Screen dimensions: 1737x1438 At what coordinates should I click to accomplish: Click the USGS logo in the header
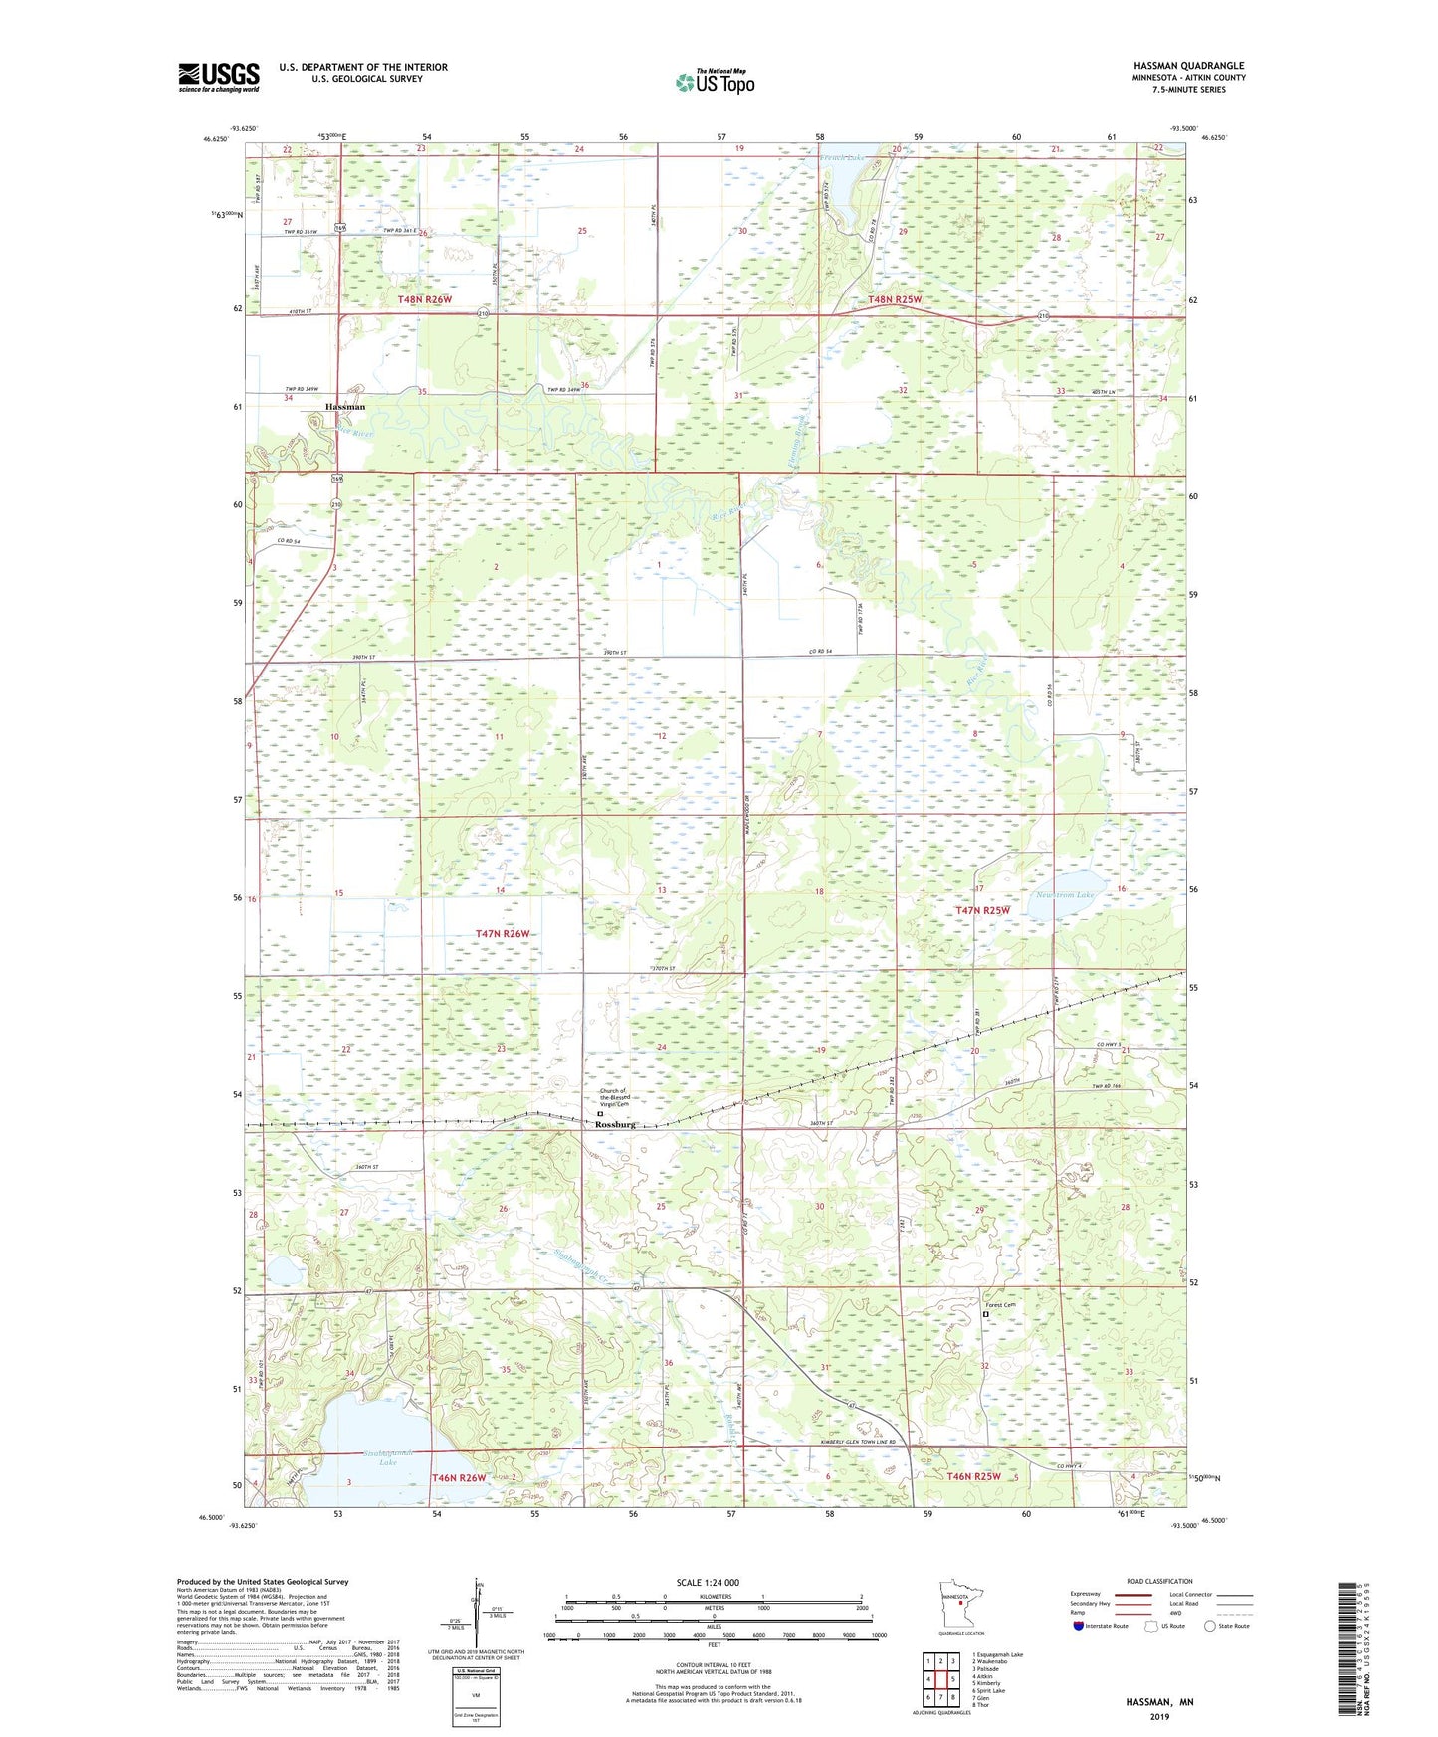[218, 77]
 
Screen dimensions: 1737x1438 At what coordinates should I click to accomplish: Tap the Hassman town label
[345, 407]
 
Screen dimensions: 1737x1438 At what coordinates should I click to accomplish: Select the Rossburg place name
[615, 1124]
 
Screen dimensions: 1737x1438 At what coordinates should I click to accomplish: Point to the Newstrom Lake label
[1065, 895]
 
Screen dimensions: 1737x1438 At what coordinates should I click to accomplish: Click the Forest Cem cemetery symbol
[986, 1314]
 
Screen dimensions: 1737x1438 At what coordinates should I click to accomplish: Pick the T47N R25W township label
[982, 910]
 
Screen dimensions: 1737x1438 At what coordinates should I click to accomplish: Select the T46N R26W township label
[459, 1478]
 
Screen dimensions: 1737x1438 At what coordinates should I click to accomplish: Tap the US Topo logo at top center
[715, 82]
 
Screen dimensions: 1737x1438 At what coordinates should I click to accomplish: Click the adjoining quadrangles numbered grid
[940, 1682]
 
